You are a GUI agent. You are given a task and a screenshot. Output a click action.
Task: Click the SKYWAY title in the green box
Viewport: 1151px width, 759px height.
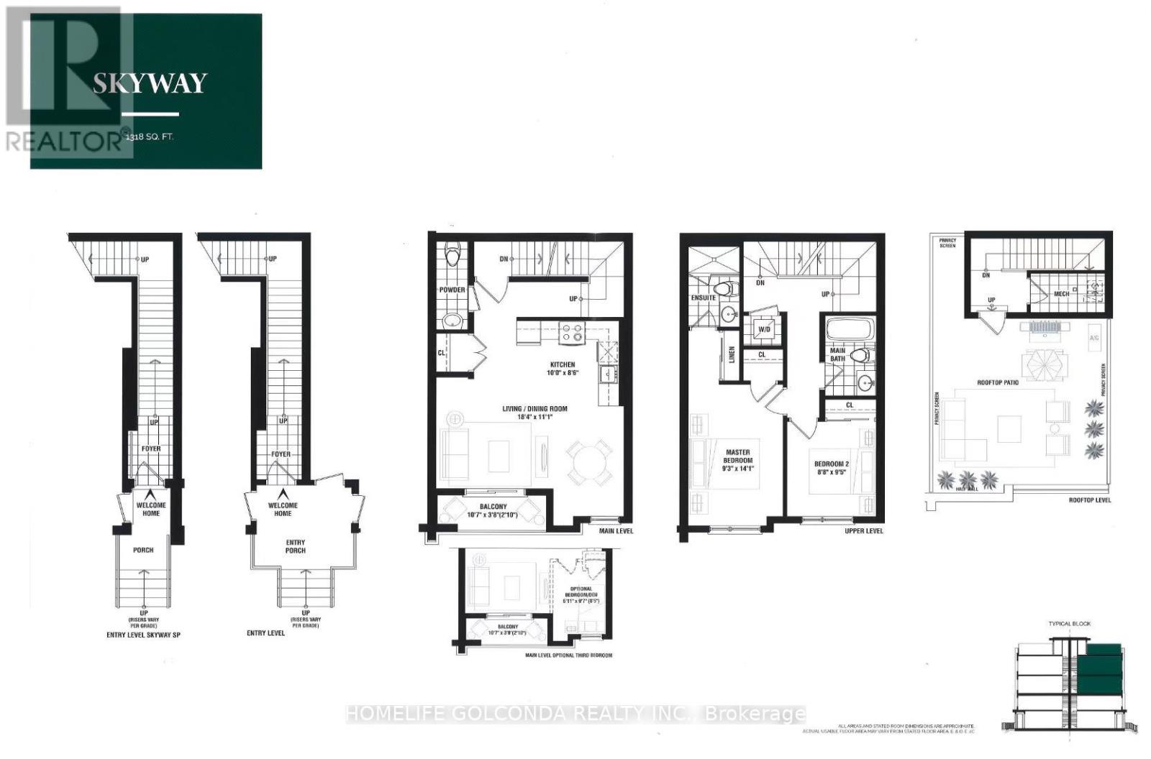150,83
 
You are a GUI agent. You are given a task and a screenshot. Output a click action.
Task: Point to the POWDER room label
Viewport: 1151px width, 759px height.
452,290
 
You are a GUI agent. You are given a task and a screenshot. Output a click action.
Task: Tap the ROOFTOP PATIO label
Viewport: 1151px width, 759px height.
997,382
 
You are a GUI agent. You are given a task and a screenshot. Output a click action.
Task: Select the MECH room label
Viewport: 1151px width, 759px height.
1061,294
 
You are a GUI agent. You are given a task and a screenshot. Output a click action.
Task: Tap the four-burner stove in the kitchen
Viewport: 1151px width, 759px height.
572,333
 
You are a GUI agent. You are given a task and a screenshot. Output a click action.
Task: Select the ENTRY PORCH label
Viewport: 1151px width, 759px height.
295,546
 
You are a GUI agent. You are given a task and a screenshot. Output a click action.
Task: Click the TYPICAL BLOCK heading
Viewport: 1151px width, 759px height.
1069,623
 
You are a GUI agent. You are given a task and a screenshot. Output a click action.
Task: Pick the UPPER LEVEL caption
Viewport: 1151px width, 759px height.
864,531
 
